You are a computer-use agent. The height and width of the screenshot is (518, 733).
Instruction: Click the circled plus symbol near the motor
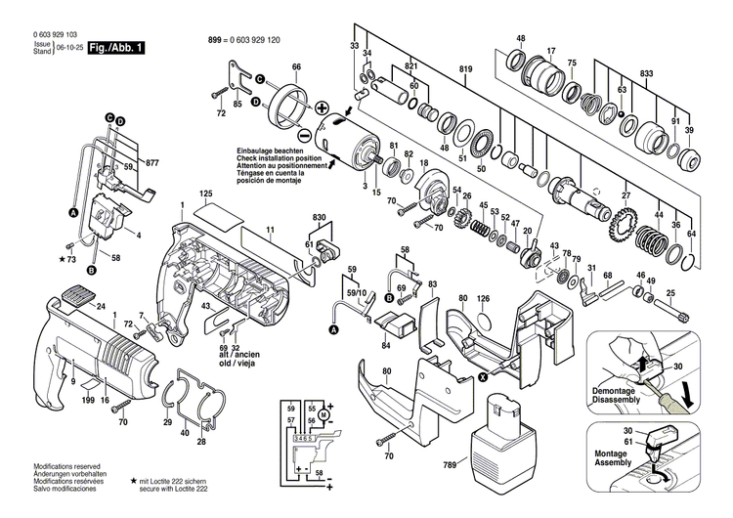point(321,105)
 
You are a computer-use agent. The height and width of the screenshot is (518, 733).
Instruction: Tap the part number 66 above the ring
point(296,67)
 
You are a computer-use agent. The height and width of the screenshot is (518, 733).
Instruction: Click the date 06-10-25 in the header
point(69,47)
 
